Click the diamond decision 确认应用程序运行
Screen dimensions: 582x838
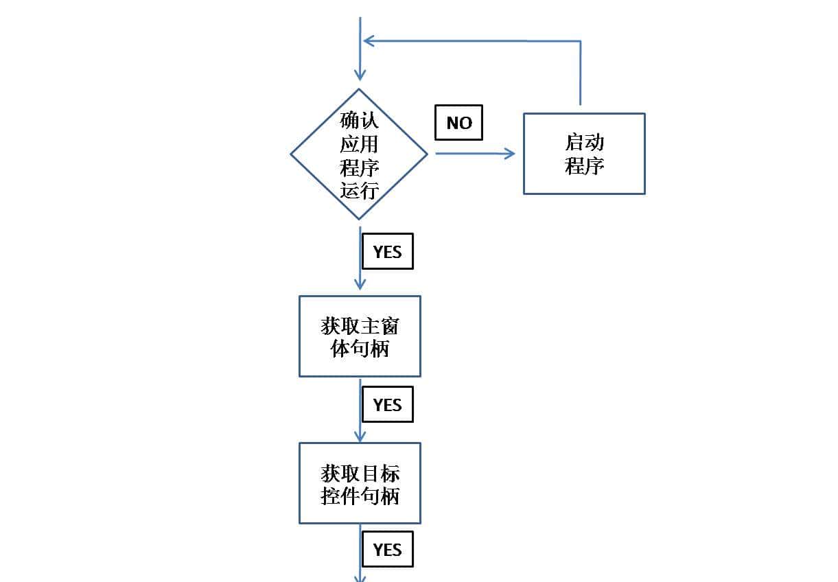click(359, 154)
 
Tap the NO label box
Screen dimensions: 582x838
click(458, 123)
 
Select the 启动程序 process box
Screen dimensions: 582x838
click(584, 154)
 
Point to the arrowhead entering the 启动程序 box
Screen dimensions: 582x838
click(509, 154)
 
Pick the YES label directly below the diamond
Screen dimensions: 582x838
click(387, 252)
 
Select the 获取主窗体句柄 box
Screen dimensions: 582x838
click(360, 336)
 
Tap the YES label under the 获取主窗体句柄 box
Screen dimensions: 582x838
click(387, 405)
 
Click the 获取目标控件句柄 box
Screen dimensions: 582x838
click(360, 483)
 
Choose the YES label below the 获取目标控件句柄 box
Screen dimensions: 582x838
click(387, 550)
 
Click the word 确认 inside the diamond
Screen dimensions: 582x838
click(359, 121)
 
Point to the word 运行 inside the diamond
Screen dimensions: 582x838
click(359, 189)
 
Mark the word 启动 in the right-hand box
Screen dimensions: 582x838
click(584, 142)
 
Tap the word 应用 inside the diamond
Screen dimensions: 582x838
click(359, 143)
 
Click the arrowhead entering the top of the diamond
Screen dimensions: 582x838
click(360, 75)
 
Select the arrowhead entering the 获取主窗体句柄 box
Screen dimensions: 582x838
click(360, 284)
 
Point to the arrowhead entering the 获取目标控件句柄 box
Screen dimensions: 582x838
click(360, 435)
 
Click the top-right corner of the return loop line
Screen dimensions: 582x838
click(581, 41)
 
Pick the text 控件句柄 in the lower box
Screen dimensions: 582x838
click(360, 496)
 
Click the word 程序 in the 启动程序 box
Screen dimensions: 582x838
click(584, 166)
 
